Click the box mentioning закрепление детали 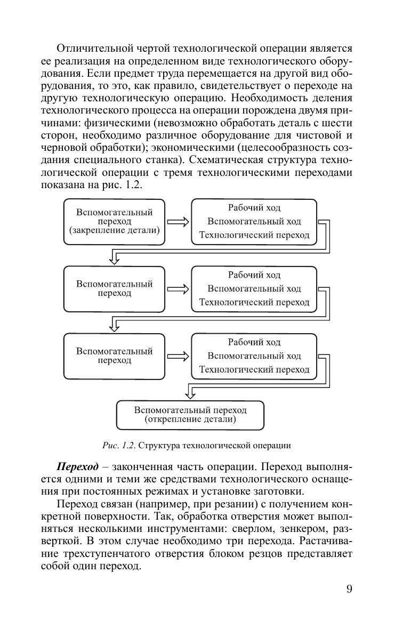[x=114, y=221]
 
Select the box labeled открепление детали [x=190, y=415]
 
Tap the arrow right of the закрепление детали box [x=178, y=222]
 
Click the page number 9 [x=349, y=589]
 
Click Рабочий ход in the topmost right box [x=254, y=208]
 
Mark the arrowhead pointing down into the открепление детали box [x=190, y=394]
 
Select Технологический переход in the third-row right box [x=254, y=369]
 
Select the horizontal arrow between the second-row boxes [x=178, y=289]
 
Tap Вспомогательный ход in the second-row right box [x=254, y=288]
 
